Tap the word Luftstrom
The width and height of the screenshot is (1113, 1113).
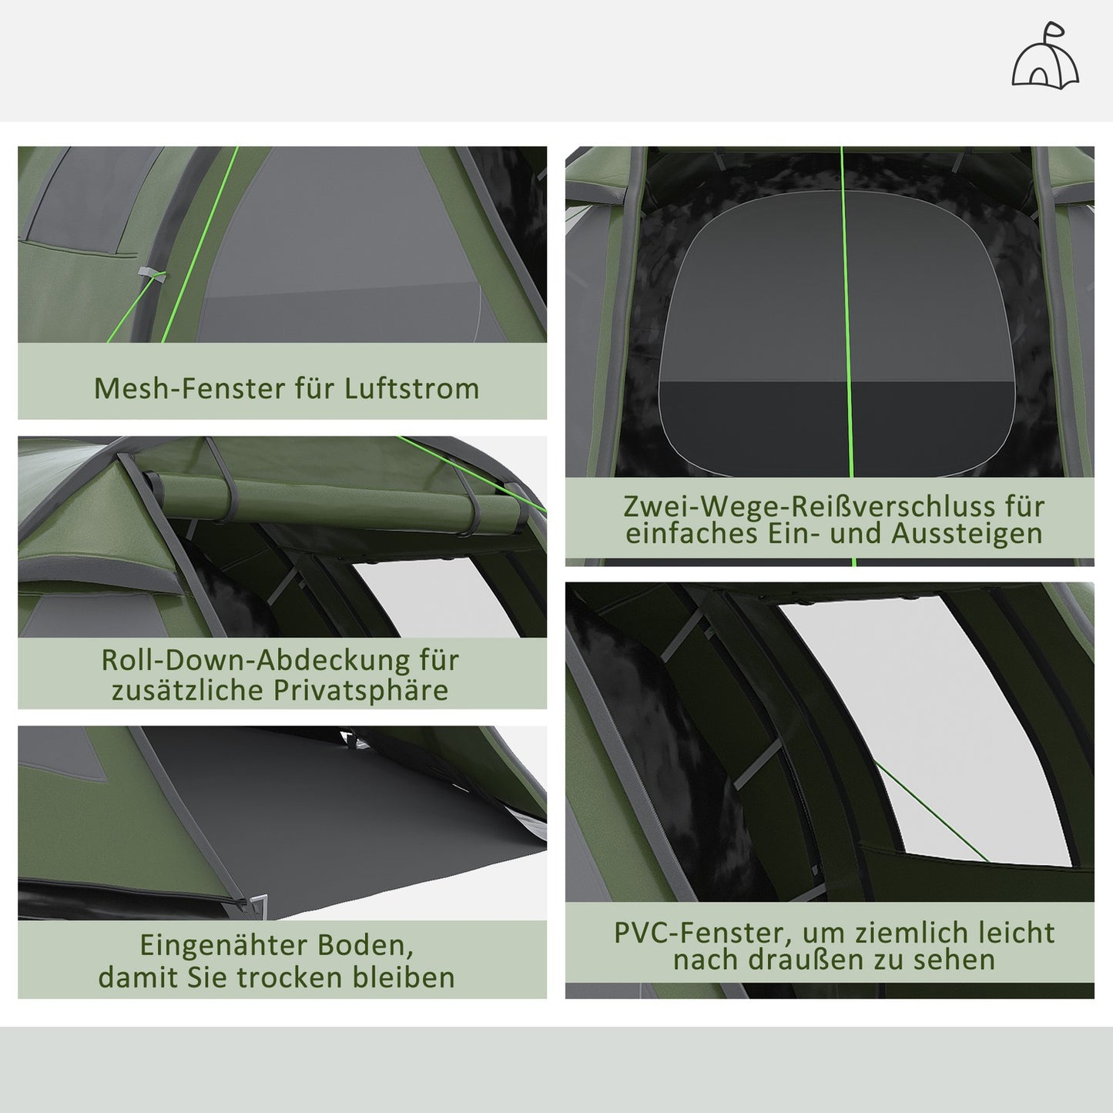click(x=411, y=388)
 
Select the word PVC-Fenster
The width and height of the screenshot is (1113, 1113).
click(x=700, y=933)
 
